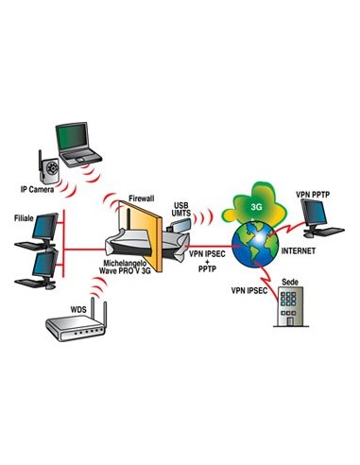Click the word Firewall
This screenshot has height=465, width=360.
pyautogui.click(x=146, y=198)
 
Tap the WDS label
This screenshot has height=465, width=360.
pyautogui.click(x=59, y=308)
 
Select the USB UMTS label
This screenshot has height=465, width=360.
pyautogui.click(x=184, y=210)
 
